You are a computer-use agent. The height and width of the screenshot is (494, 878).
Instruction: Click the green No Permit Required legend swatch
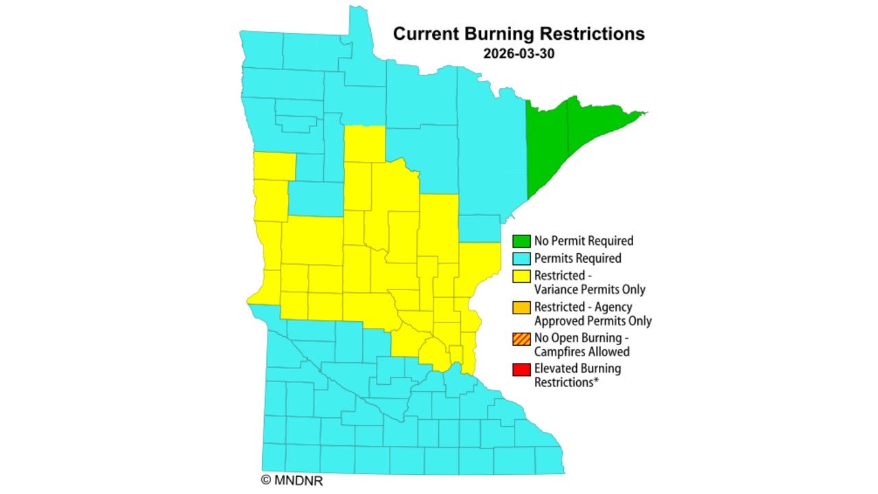click(521, 241)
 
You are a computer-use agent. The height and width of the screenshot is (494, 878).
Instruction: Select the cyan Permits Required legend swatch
click(521, 259)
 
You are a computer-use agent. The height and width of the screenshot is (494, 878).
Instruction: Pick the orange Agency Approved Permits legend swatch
click(521, 307)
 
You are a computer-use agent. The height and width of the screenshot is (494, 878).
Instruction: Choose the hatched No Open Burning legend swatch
click(521, 338)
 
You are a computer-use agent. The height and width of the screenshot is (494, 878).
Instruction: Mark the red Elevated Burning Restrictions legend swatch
click(521, 369)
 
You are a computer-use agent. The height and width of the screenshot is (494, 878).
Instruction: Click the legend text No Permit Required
click(584, 241)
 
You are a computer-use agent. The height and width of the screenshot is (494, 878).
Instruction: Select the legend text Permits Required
click(578, 259)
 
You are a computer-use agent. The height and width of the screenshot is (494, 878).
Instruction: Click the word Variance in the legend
click(556, 290)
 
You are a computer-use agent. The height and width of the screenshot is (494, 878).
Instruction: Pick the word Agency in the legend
click(613, 307)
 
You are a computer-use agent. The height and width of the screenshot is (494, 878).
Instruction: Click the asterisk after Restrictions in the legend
click(597, 381)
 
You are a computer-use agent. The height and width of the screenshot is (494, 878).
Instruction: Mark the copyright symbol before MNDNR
click(266, 480)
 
